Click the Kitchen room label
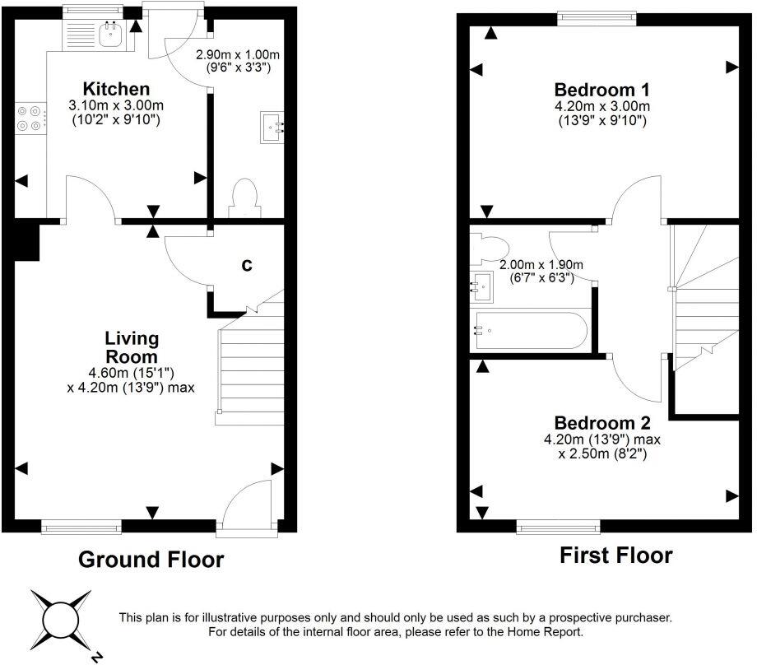click(115, 89)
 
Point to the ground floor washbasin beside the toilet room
click(272, 128)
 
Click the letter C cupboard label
click(245, 266)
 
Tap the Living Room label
click(131, 347)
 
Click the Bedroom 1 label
click(601, 90)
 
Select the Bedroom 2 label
click(601, 423)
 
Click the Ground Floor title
click(151, 560)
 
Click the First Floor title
click(615, 556)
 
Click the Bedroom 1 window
click(597, 14)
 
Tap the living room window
click(82, 525)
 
